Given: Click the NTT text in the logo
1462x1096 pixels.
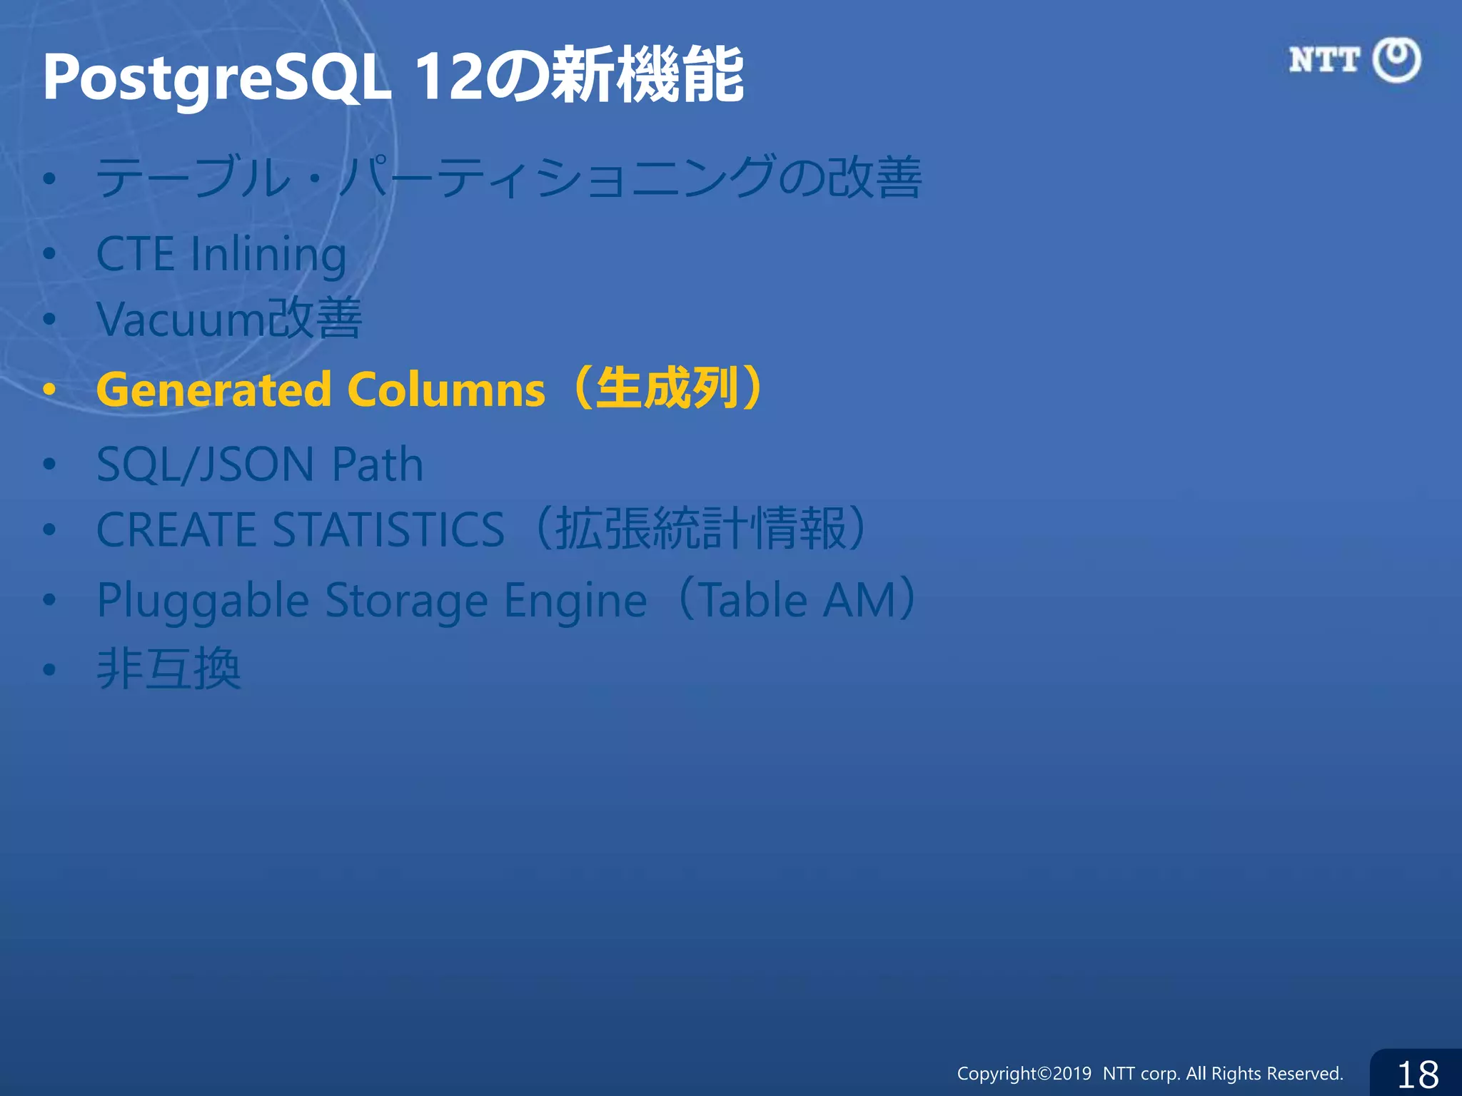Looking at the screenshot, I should (1324, 60).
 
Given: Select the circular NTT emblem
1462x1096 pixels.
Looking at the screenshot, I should (1397, 60).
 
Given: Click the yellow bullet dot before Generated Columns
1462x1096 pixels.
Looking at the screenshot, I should (49, 390).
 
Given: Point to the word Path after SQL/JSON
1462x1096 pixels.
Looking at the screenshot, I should (378, 465).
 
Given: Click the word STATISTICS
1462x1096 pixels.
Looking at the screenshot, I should (389, 529).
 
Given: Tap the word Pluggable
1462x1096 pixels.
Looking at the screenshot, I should (203, 601).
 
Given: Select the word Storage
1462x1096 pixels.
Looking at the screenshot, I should (406, 601).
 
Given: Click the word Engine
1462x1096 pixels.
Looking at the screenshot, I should (575, 601).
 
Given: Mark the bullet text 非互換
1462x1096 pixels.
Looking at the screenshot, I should (169, 669).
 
